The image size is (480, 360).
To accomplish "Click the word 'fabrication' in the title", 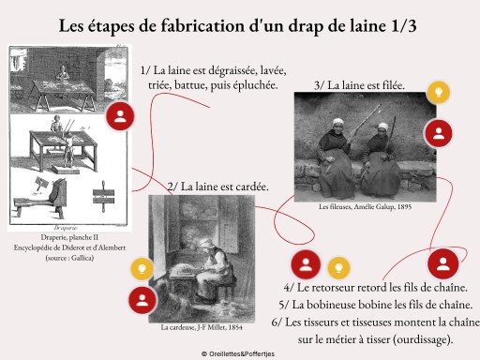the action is pos(202,25).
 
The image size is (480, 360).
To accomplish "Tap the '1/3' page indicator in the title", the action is pos(403,26).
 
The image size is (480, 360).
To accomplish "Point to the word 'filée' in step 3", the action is pos(392,85).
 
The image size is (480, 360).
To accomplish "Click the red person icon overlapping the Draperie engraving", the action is pos(120,116).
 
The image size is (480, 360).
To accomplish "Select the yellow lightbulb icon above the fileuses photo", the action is pos(439,92).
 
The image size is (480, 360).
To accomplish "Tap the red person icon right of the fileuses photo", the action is pos(439,133).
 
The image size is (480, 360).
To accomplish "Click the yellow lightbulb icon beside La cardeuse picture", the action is pos(142,269).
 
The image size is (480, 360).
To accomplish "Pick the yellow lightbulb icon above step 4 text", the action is pos(338,268).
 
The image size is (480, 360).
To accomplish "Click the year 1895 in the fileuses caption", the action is pos(404,206).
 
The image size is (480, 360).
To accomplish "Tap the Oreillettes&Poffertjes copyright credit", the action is pos(238,354).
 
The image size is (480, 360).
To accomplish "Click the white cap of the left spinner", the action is pos(338,122).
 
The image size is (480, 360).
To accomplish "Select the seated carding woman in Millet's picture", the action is pos(213,269).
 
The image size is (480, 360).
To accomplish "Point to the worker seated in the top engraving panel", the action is pos(63,74).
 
